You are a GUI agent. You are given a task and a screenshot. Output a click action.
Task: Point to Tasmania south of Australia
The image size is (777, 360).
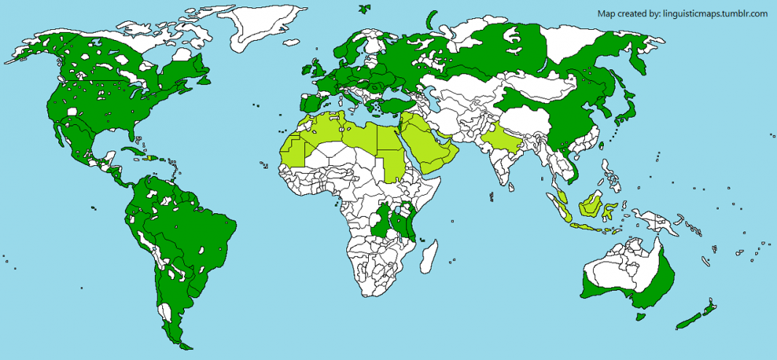[638, 316]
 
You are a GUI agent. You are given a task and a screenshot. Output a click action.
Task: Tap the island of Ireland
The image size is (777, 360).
[303, 71]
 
